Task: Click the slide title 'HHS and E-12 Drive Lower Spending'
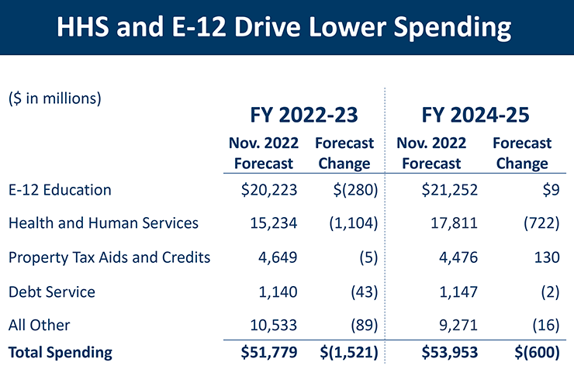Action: pos(286,28)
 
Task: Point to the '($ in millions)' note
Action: pos(55,99)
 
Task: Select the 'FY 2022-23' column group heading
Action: pos(304,116)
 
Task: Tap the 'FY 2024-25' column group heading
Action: pos(475,116)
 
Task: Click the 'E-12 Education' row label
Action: pos(60,190)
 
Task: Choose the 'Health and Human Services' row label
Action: pos(103,223)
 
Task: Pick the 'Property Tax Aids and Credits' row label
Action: pos(109,257)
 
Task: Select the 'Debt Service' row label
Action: pos(51,292)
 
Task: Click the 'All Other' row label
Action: pos(40,326)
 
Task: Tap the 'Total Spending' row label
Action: pos(60,352)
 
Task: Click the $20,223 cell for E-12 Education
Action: pos(266,190)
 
